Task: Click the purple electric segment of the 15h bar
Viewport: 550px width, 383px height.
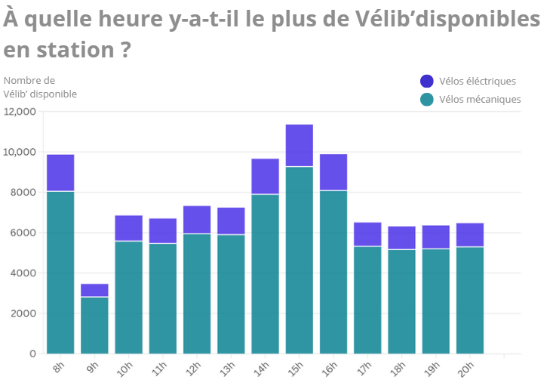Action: (x=300, y=145)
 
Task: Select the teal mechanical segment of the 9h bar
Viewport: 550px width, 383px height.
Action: (x=94, y=325)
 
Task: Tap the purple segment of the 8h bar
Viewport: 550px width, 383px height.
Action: (x=60, y=172)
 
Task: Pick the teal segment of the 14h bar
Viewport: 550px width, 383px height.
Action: (x=265, y=273)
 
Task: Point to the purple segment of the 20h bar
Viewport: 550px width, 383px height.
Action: (x=469, y=235)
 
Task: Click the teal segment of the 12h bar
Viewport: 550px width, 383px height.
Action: (x=197, y=293)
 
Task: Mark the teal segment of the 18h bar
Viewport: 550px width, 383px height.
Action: (x=401, y=301)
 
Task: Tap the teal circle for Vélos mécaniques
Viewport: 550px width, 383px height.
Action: (x=427, y=99)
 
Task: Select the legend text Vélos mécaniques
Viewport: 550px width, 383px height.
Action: (x=480, y=99)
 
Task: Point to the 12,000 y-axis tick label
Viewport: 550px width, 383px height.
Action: (x=20, y=112)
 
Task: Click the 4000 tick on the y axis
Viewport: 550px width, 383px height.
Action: (x=23, y=273)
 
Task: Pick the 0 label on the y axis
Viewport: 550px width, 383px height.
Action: (x=32, y=354)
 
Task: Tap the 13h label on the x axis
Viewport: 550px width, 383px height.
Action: (x=226, y=369)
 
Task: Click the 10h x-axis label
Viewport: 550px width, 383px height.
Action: (x=124, y=369)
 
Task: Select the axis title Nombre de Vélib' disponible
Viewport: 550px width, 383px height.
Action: (x=40, y=87)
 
